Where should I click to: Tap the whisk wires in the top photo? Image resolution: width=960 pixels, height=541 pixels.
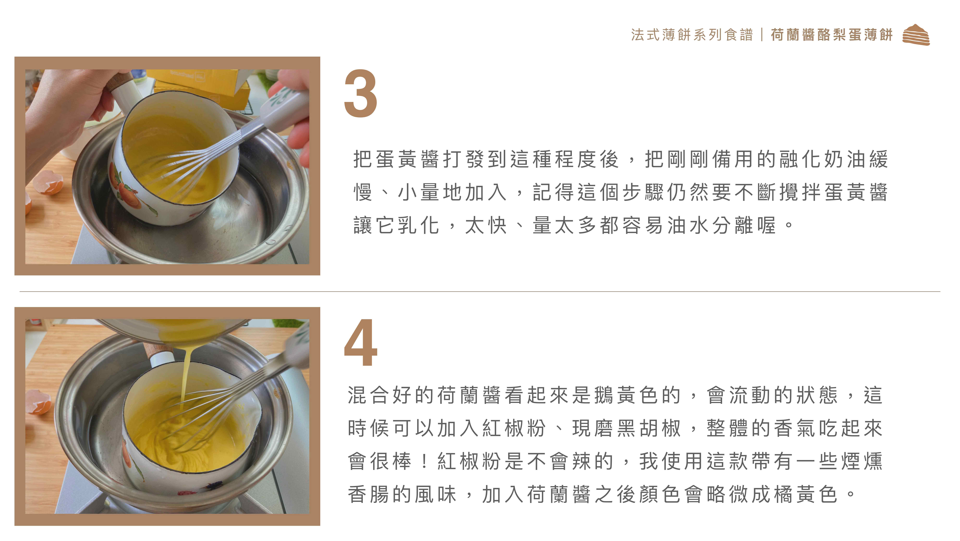coord(186,164)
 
